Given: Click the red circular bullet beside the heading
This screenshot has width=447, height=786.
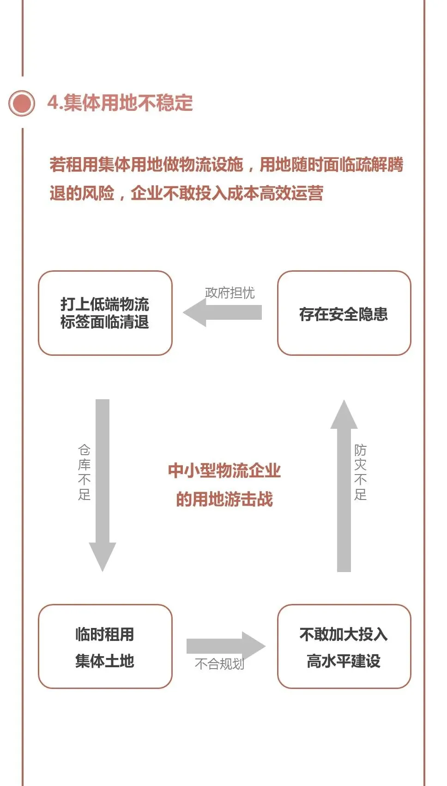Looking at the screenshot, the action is [x=22, y=103].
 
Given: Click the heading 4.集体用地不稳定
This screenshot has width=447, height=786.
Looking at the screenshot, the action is [x=120, y=103].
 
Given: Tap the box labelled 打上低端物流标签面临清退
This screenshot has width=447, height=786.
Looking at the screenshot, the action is [x=105, y=313].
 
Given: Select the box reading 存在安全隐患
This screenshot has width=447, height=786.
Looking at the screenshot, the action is [x=344, y=313].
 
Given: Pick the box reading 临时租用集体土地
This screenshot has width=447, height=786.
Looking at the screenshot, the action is [x=105, y=646].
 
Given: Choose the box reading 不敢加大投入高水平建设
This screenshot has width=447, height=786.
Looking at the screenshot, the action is [x=344, y=646].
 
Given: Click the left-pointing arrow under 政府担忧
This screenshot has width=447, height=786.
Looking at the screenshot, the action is [x=222, y=312].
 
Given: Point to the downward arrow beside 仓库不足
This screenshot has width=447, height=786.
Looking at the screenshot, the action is [x=103, y=485].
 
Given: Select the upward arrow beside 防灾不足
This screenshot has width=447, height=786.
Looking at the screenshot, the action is [x=344, y=485].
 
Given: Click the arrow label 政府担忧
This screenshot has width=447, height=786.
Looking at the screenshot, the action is [x=230, y=292].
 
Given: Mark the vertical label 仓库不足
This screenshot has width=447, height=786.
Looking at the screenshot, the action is [x=85, y=472].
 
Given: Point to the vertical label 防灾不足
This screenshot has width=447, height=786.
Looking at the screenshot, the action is [x=360, y=472].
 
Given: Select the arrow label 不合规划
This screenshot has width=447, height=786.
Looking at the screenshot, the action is [x=219, y=664].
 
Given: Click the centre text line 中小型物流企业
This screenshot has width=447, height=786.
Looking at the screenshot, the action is [x=224, y=470].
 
